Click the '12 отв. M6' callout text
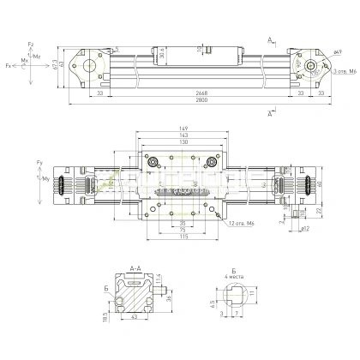(x=243, y=225)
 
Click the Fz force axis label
(x=30, y=44)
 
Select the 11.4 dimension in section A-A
(x=159, y=279)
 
